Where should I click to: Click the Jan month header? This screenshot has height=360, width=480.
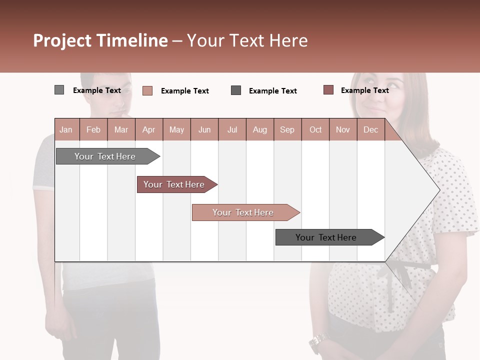(66, 129)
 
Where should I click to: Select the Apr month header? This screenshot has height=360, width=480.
(149, 129)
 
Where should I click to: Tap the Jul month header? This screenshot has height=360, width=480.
(232, 129)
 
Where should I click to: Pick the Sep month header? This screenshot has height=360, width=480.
(287, 129)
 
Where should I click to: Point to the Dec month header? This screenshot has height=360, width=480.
(370, 129)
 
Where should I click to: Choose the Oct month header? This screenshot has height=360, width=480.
(315, 129)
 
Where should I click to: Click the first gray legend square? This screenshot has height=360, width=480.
(59, 90)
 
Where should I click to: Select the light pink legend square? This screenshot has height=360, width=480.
(147, 90)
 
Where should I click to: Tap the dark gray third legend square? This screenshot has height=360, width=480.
(236, 90)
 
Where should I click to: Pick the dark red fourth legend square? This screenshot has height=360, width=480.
(328, 90)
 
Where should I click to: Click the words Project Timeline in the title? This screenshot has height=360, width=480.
(100, 40)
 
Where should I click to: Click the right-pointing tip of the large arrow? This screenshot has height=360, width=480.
(438, 190)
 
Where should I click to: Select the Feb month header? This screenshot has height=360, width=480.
(93, 129)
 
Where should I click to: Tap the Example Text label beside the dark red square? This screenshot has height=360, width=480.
(364, 90)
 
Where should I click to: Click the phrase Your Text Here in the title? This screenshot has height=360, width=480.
(247, 40)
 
